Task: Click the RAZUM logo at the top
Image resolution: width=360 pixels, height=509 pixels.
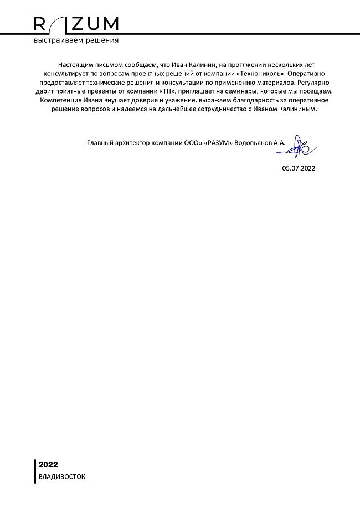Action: pos(76,24)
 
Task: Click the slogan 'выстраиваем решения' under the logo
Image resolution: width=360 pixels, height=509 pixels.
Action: pos(76,40)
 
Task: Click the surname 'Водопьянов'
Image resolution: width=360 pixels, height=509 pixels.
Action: pos(253,143)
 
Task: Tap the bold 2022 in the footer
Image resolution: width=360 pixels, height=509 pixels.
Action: pos(48,465)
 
